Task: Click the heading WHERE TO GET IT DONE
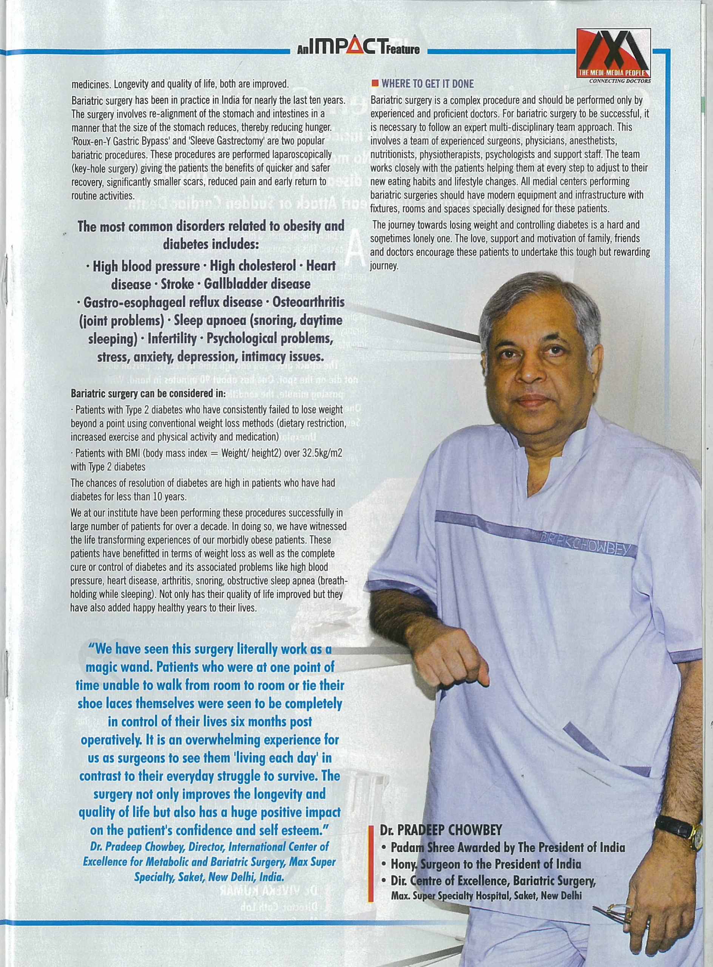427,83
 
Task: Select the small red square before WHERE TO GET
375,83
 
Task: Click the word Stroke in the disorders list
177,284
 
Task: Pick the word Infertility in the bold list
172,338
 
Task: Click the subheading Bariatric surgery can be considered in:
148,394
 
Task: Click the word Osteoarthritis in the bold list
309,302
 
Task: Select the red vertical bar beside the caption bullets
370,864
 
